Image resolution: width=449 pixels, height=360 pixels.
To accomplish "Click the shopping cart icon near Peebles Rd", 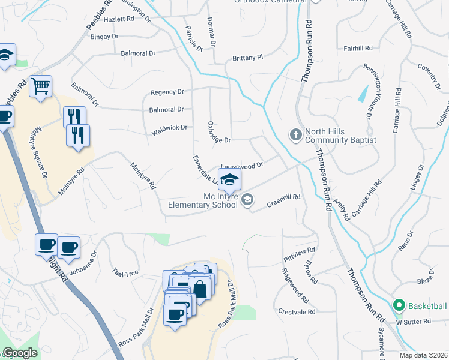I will pyautogui.click(x=41, y=86).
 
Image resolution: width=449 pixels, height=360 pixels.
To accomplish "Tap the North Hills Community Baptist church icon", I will pyautogui.click(x=295, y=134).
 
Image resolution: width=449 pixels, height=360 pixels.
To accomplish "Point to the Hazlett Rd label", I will pyautogui.click(x=119, y=20).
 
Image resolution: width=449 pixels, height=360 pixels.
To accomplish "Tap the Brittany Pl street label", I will pyautogui.click(x=247, y=58).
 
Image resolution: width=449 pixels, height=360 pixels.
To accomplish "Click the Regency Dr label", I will pyautogui.click(x=167, y=92).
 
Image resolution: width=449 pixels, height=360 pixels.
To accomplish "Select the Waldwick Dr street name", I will pyautogui.click(x=170, y=127).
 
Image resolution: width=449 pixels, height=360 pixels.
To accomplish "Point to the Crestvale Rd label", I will pyautogui.click(x=297, y=312).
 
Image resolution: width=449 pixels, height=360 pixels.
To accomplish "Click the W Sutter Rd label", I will pyautogui.click(x=413, y=322).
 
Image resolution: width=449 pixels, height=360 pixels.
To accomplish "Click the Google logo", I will pyautogui.click(x=20, y=353).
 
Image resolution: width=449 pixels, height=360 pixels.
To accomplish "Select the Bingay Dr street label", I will pyautogui.click(x=104, y=37).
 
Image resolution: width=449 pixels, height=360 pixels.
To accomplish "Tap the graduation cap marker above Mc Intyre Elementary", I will pyautogui.click(x=229, y=179).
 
